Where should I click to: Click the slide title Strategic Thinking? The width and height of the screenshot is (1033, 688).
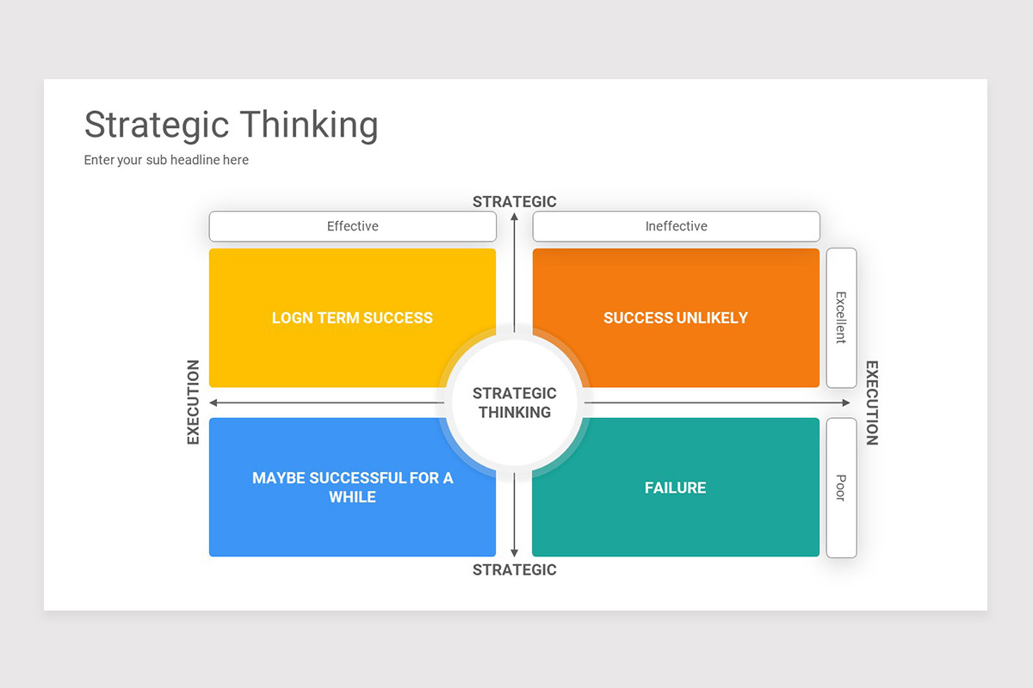pyautogui.click(x=231, y=125)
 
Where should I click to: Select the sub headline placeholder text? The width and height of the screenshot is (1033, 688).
pyautogui.click(x=166, y=160)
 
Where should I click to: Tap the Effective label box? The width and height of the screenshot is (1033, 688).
pyautogui.click(x=352, y=226)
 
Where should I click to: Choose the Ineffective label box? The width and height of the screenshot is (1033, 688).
pyautogui.click(x=676, y=226)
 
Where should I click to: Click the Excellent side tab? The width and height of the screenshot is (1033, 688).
pyautogui.click(x=841, y=317)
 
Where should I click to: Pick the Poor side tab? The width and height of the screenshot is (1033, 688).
pyautogui.click(x=841, y=487)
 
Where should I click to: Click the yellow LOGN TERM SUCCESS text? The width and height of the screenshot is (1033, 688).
pyautogui.click(x=352, y=317)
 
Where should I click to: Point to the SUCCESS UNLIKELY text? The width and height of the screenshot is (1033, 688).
pyautogui.click(x=676, y=317)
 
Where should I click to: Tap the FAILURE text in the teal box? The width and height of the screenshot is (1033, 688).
pyautogui.click(x=676, y=488)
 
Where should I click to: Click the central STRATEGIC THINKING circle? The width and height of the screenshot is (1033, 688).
pyautogui.click(x=515, y=402)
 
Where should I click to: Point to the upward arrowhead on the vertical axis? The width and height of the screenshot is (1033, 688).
pyautogui.click(x=515, y=217)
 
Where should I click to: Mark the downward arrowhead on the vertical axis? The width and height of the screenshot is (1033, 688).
pyautogui.click(x=515, y=552)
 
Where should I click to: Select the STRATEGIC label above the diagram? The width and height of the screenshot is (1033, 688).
pyautogui.click(x=515, y=201)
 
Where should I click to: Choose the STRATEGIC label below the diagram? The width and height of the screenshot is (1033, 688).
pyautogui.click(x=515, y=569)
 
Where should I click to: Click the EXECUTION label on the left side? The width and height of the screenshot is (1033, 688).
pyautogui.click(x=193, y=402)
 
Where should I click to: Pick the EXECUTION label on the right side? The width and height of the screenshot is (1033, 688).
pyautogui.click(x=872, y=402)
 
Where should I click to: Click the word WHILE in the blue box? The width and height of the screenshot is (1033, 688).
pyautogui.click(x=352, y=497)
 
